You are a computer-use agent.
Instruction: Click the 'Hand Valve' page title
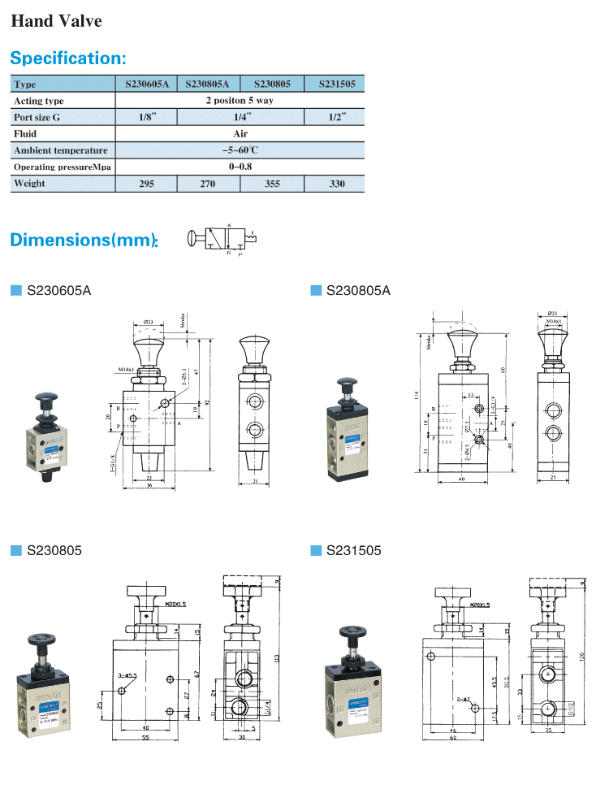pos(56,21)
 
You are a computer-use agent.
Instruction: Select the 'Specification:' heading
pos(68,59)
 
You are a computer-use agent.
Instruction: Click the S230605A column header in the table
pos(146,84)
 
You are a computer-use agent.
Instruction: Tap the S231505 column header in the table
pos(332,84)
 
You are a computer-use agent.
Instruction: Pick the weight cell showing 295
pos(146,184)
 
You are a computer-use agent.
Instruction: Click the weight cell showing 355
pos(272,184)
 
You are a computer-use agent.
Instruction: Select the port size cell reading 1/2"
pos(333,117)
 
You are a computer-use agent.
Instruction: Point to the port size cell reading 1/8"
pos(146,117)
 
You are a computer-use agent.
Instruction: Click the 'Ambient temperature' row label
pos(61,150)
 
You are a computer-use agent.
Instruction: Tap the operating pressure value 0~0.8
pos(240,167)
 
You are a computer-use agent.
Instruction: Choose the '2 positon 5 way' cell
pos(240,101)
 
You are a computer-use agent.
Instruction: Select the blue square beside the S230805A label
pos(316,290)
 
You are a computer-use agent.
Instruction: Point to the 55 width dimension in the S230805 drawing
pos(145,738)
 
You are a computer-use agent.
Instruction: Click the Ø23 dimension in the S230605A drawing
pos(149,322)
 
